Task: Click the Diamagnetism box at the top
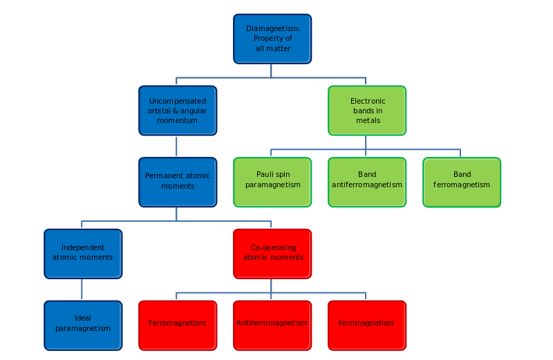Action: [x=272, y=38]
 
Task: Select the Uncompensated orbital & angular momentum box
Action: [x=177, y=110]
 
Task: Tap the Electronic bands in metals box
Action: [x=366, y=110]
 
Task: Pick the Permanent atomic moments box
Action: [x=177, y=181]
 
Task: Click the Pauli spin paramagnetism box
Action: [x=272, y=181]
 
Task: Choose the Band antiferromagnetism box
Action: [x=366, y=181]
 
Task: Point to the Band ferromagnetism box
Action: [x=462, y=181]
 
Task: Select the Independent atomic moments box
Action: [x=82, y=253]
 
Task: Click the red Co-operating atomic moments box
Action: [x=272, y=253]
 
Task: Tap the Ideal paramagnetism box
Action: [x=82, y=324]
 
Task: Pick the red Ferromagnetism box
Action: [x=177, y=324]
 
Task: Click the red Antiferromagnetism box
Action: [x=272, y=324]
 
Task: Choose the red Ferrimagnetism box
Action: [x=366, y=324]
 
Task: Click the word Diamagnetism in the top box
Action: [x=272, y=28]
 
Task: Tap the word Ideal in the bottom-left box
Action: [x=83, y=319]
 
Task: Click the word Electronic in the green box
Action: [x=368, y=101]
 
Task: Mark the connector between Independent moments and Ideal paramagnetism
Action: [x=82, y=289]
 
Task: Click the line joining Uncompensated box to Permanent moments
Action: [x=177, y=146]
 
